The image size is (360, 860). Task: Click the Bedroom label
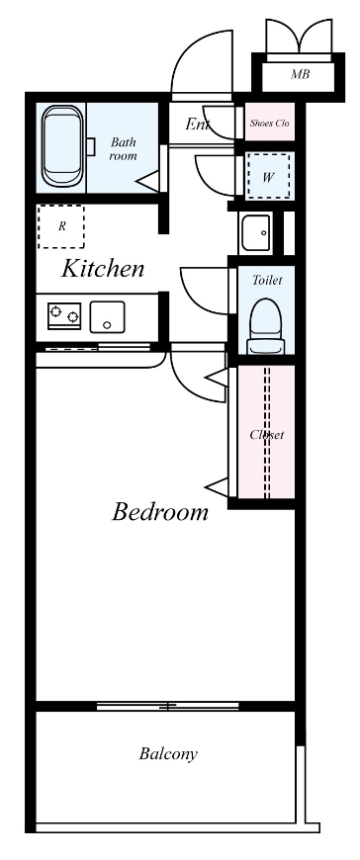tap(160, 512)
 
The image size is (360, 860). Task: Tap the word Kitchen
tap(103, 268)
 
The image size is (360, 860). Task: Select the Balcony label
tap(167, 754)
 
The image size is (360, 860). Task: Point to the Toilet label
tap(267, 281)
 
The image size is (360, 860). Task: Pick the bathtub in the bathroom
tap(63, 147)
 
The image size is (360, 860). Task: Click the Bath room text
tap(124, 149)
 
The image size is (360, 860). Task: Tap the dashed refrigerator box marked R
tap(61, 226)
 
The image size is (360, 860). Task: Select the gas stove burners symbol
tap(64, 316)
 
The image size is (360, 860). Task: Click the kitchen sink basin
tap(107, 317)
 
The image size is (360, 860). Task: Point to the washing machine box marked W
tap(268, 177)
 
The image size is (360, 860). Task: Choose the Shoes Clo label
tap(269, 123)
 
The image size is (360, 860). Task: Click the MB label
tap(298, 74)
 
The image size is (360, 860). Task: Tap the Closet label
tap(266, 434)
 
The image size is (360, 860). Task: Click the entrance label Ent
tap(197, 125)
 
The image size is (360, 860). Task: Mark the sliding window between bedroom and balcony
tap(168, 706)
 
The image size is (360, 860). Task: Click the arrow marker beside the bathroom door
tap(147, 182)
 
